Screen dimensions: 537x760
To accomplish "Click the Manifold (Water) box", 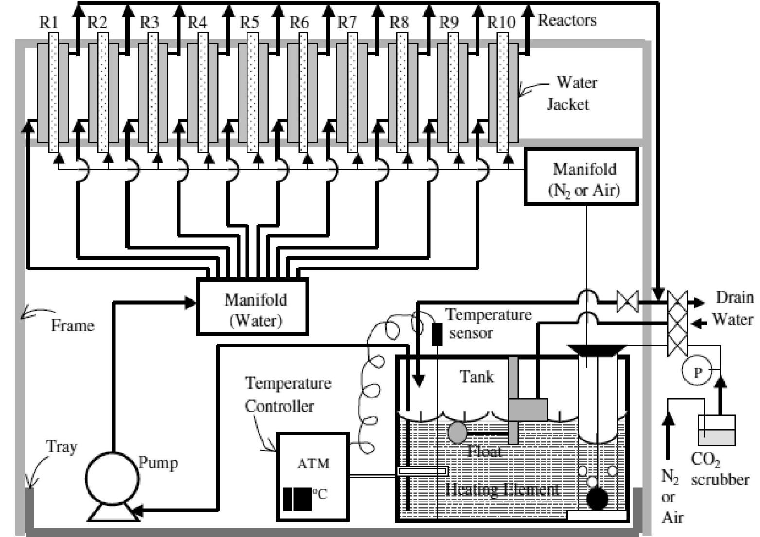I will pyautogui.click(x=252, y=307).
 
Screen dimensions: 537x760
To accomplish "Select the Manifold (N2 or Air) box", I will pyautogui.click(x=582, y=177).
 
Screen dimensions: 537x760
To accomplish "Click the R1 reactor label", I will pyautogui.click(x=49, y=22).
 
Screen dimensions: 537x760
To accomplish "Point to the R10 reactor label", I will pyautogui.click(x=501, y=22).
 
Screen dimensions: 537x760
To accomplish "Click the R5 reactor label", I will pyautogui.click(x=250, y=22).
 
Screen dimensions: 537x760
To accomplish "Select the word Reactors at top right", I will pyautogui.click(x=567, y=20).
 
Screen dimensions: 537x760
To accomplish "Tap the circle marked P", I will pyautogui.click(x=698, y=372).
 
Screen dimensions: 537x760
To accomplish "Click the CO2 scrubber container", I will pyautogui.click(x=716, y=430).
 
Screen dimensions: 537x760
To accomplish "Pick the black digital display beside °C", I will pyautogui.click(x=297, y=499).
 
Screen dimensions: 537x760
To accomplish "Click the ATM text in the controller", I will pyautogui.click(x=313, y=464).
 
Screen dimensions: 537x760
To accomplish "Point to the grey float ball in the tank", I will pyautogui.click(x=457, y=432).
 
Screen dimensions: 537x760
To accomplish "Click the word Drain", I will pyautogui.click(x=734, y=297).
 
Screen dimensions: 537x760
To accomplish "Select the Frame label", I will pyautogui.click(x=72, y=325).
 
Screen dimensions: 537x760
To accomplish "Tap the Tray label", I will pyautogui.click(x=61, y=447).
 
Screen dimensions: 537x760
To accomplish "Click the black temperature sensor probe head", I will pyautogui.click(x=437, y=334).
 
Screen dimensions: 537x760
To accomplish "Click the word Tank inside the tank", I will pyautogui.click(x=477, y=377).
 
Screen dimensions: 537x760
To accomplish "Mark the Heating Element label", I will pyautogui.click(x=502, y=489).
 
